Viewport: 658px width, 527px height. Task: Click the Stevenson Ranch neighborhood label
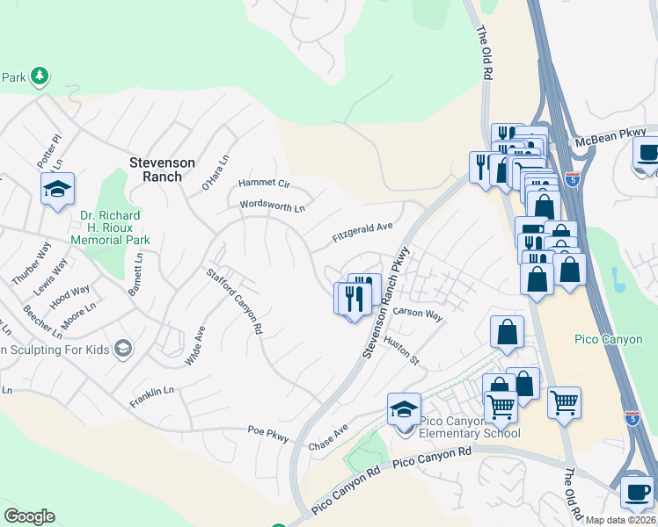tap(155, 169)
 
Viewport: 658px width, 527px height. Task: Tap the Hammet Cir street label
tap(264, 184)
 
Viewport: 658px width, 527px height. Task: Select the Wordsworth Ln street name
tap(272, 207)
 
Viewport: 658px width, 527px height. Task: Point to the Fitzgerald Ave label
tap(362, 233)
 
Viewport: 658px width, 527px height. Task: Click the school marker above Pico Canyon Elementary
tap(404, 409)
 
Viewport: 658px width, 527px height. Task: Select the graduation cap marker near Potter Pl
tap(57, 189)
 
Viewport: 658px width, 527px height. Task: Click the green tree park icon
tap(40, 77)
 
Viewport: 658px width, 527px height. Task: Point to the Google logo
tap(29, 516)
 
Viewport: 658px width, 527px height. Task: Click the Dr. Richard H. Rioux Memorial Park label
tap(114, 227)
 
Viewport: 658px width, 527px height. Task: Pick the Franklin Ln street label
tap(151, 390)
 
